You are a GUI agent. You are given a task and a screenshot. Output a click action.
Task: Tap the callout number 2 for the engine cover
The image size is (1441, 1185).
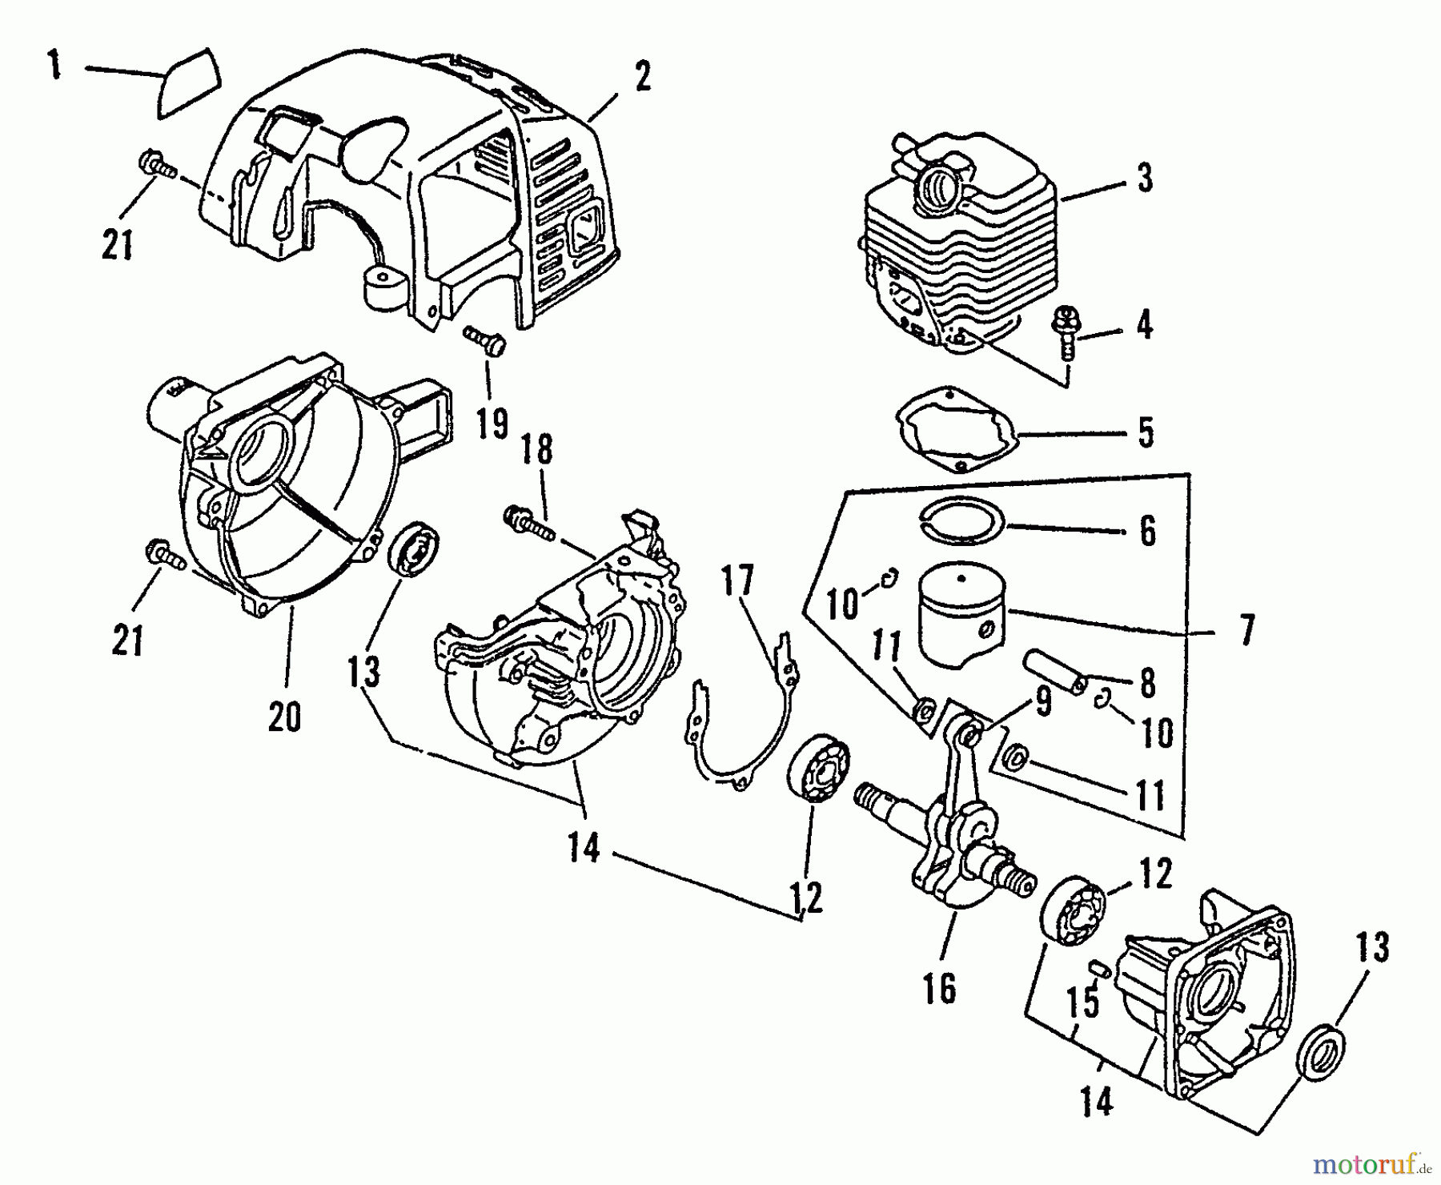pyautogui.click(x=642, y=76)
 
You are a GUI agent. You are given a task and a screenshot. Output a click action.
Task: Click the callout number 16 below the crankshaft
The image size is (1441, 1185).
pyautogui.click(x=939, y=990)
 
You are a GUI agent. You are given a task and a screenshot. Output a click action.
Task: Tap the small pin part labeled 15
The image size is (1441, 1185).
pyautogui.click(x=1100, y=969)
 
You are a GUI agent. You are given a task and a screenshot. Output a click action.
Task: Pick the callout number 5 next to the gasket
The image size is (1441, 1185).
pyautogui.click(x=1146, y=432)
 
